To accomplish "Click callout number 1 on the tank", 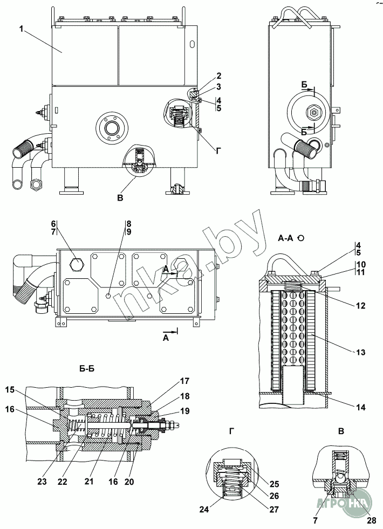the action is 21,29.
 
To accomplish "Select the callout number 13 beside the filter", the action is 361,352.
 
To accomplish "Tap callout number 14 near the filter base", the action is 361,408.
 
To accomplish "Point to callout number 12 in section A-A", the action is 361,306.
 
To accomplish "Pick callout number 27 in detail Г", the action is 275,509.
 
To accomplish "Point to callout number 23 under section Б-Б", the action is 42,482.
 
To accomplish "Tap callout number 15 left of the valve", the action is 10,390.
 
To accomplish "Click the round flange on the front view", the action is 111,128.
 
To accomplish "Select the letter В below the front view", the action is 120,198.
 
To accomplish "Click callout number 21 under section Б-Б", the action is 89,482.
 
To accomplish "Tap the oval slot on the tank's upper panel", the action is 193,44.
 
